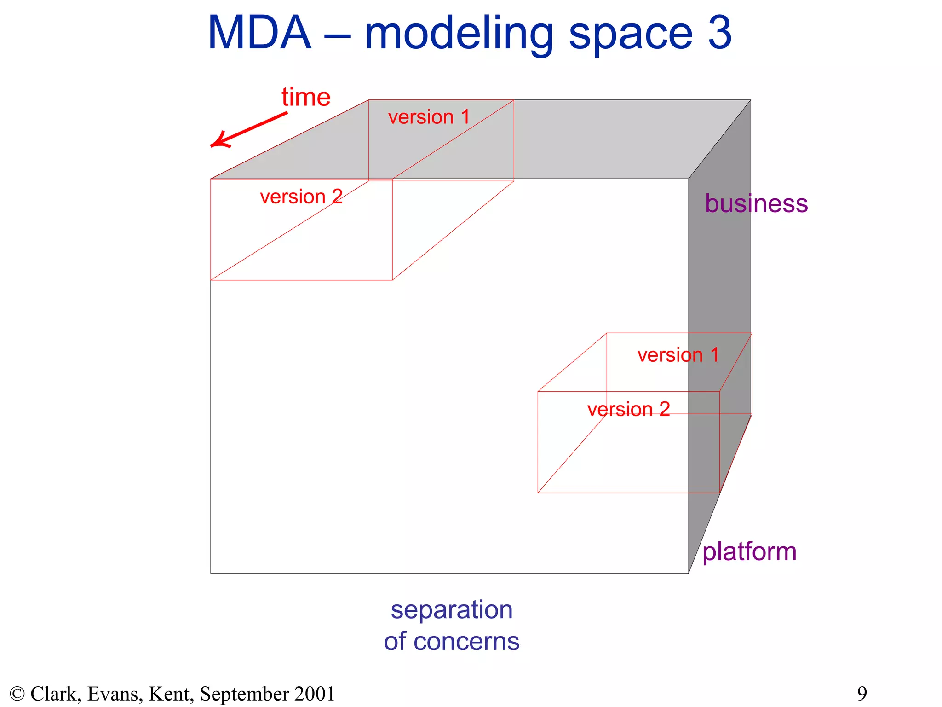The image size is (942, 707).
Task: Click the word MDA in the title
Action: (259, 33)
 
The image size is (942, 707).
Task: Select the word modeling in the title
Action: (459, 35)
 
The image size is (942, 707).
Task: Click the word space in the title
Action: (631, 35)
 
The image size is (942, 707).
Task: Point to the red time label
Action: (306, 97)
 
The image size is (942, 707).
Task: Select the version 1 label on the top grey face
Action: (429, 117)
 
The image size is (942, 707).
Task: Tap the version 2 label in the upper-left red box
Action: (301, 197)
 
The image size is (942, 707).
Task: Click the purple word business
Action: (756, 203)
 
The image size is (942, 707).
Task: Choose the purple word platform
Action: (749, 551)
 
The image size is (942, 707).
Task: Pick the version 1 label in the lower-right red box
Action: (678, 355)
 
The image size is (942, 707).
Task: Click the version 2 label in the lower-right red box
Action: (628, 409)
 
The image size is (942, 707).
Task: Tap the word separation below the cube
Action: (452, 610)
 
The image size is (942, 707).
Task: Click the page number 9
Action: (862, 693)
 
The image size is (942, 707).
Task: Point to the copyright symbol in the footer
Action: (17, 694)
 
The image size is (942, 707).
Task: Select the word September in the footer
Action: (244, 694)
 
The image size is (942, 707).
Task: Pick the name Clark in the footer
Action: (56, 694)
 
